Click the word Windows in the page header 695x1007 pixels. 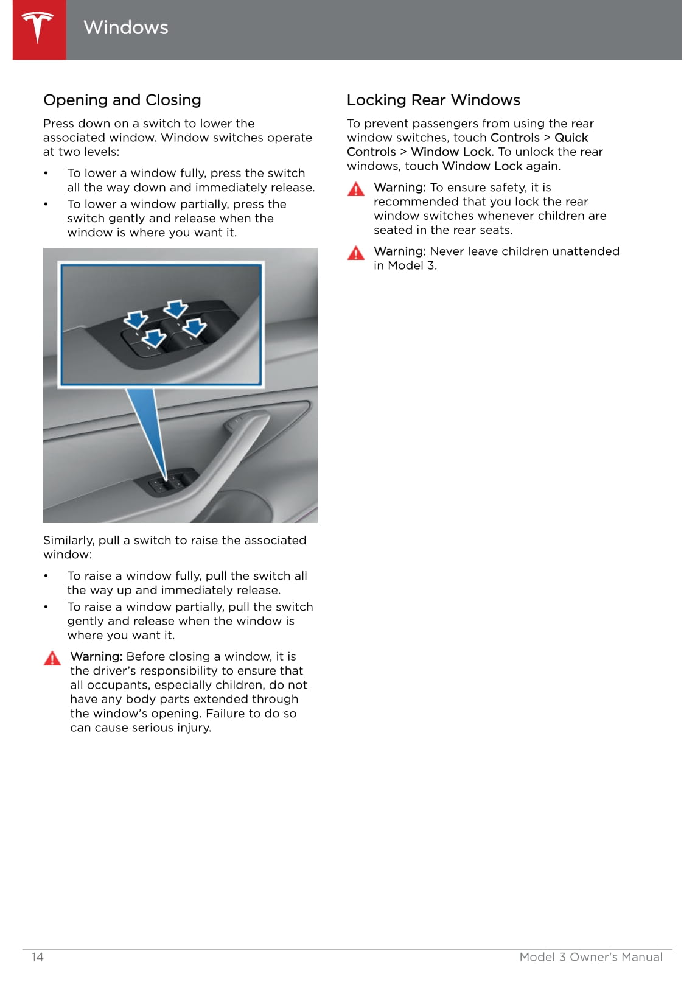click(125, 27)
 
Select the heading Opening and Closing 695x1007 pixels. click(122, 100)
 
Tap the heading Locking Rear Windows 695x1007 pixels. click(433, 100)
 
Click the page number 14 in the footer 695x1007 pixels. click(38, 956)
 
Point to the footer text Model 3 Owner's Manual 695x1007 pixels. click(590, 956)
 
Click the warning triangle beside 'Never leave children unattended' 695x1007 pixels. click(355, 253)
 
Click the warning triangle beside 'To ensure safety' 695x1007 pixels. click(355, 189)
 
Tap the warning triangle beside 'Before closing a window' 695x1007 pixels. click(52, 658)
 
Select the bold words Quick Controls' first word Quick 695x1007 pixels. click(571, 138)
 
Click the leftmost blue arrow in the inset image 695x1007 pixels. click(136, 319)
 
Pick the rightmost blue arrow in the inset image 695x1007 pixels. click(195, 328)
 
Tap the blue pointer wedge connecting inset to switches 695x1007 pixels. click(149, 426)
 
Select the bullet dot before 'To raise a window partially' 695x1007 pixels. click(46, 607)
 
